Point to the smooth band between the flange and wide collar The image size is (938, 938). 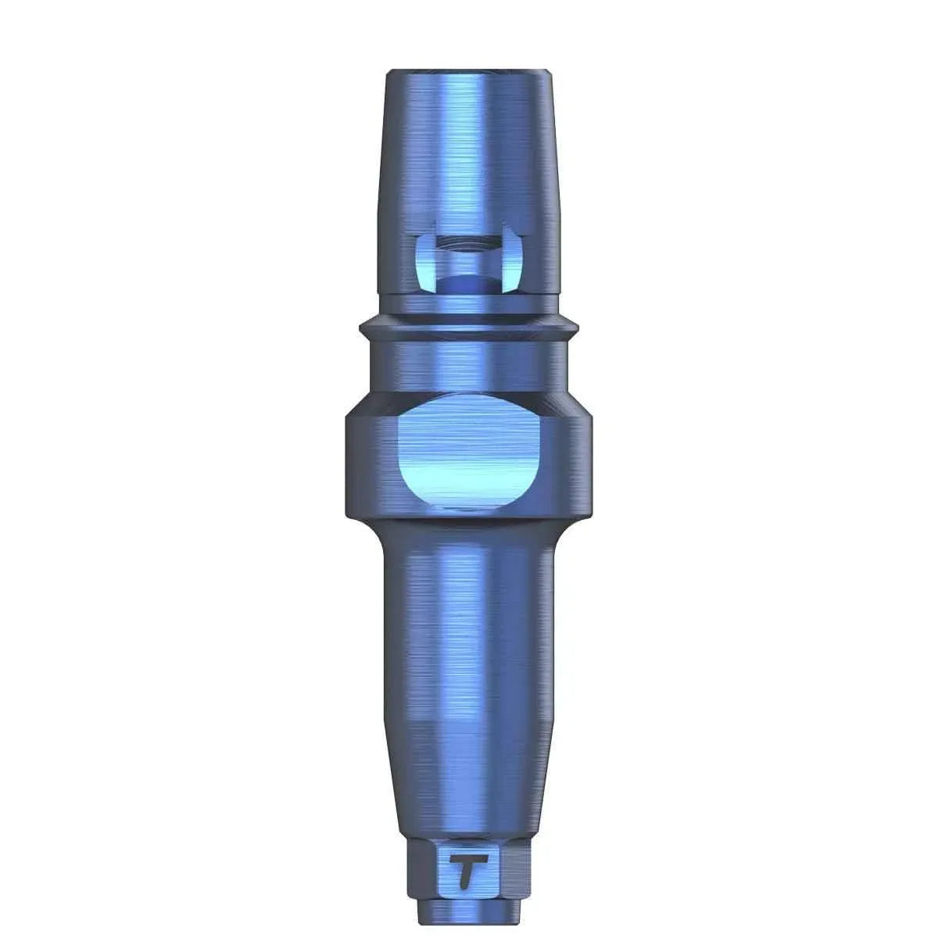pos(468,363)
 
